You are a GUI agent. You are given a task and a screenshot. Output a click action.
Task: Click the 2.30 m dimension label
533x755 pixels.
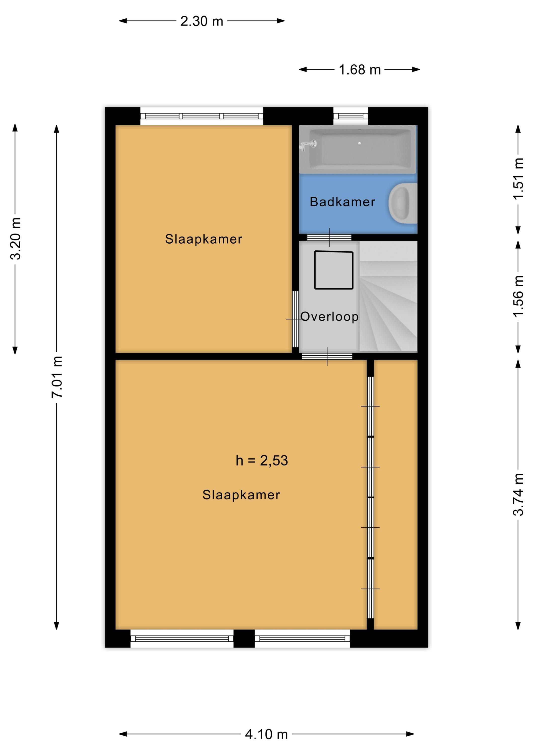tap(202, 21)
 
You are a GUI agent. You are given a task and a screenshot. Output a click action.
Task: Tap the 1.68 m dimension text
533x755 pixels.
tap(360, 70)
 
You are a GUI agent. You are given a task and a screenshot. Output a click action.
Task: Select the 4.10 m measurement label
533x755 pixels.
tap(266, 734)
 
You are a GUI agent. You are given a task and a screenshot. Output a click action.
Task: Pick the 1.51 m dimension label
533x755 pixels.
tap(518, 178)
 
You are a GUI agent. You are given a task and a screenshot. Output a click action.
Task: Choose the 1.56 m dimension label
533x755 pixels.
tap(518, 296)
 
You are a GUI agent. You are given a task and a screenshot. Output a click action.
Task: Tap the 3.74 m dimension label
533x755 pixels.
tap(518, 494)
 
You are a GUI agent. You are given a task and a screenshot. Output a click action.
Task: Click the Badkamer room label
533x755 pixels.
tap(342, 202)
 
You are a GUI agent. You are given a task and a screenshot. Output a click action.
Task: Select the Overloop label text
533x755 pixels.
tap(329, 317)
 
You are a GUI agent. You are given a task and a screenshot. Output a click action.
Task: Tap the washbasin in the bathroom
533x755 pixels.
tap(403, 203)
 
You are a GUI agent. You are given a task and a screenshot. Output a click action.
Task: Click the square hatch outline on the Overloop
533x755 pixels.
tap(334, 270)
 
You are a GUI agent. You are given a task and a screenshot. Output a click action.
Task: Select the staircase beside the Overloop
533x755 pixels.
tap(388, 296)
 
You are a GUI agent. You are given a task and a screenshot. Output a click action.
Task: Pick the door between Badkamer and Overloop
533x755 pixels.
tap(329, 237)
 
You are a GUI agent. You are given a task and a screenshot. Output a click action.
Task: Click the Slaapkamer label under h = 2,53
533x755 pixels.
tap(241, 495)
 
